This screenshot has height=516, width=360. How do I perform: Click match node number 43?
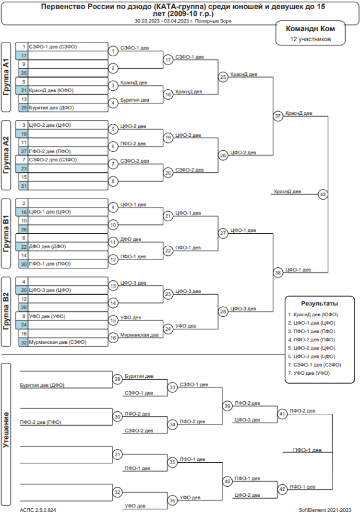(x=323, y=194)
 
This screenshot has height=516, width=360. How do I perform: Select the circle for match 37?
(x=278, y=116)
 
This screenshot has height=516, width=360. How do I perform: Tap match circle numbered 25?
(x=223, y=77)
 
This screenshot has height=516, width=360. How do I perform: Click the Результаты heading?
(x=319, y=304)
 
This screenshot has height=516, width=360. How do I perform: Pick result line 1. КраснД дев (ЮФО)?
(x=313, y=314)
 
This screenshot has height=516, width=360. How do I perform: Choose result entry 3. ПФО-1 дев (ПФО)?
(x=312, y=331)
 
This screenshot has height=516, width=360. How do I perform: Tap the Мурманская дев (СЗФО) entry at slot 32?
(x=58, y=342)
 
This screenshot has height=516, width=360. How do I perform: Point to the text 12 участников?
(x=310, y=39)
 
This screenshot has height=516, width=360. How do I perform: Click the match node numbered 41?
(x=282, y=413)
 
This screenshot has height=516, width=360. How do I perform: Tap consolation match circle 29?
(x=117, y=379)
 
